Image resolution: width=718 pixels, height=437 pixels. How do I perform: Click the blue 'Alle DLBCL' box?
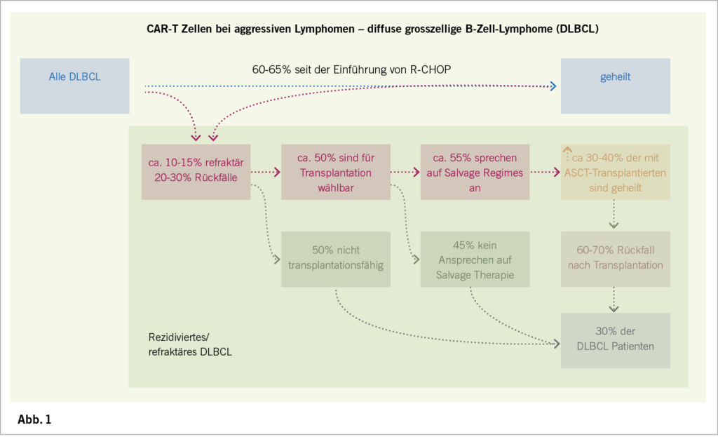coord(74,86)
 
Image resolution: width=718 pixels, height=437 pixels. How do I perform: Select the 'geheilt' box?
coord(615,86)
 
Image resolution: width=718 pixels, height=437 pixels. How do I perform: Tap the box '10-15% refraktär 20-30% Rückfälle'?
coord(196,172)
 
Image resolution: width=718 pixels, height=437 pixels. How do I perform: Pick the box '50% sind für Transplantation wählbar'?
coord(336,172)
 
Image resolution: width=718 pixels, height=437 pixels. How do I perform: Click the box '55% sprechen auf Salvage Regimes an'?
coord(475,172)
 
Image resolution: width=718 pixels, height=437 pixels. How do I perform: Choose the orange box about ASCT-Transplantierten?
coord(615,172)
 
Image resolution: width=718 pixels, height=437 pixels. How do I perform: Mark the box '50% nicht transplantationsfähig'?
coord(336,259)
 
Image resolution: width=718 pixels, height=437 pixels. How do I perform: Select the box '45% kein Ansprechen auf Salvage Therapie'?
coord(475,259)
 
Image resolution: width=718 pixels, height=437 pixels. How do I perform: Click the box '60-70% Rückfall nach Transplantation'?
coord(615,259)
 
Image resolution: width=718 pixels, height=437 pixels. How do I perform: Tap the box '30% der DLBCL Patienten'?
coord(615,340)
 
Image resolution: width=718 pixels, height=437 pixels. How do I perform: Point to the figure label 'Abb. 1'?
coord(34,420)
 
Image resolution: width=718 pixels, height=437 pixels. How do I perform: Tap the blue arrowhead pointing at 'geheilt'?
coord(553,86)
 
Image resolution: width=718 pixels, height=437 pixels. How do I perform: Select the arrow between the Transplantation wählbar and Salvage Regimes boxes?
coord(405,171)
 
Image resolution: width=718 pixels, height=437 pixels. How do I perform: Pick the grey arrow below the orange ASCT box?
coord(614,215)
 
